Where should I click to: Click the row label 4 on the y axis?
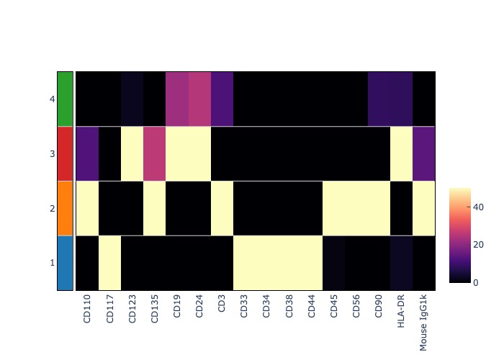coord(52,99)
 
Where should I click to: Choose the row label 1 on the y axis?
coord(52,263)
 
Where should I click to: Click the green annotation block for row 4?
coord(65,99)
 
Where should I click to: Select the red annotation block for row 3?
coord(65,153)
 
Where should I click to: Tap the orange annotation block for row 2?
coord(65,208)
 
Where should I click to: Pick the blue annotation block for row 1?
coord(65,263)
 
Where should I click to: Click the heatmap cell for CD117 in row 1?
coord(109,263)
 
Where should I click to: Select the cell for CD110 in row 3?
coord(87,153)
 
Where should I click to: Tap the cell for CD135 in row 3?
coord(154,153)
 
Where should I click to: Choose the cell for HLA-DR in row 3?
coord(402,153)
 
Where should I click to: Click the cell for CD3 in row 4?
coord(222,99)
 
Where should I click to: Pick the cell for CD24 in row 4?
coord(199,99)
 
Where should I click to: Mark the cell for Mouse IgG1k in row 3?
coord(424,153)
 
